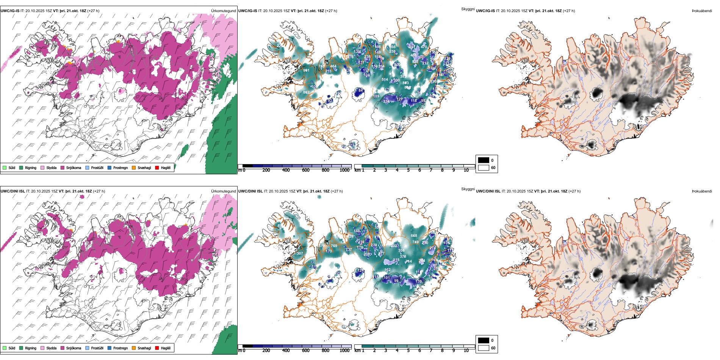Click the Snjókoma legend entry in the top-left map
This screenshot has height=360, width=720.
point(74,167)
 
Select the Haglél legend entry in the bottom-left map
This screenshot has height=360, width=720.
point(166,348)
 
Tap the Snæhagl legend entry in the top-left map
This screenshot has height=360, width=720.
point(144,167)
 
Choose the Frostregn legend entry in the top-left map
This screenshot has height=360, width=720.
point(120,167)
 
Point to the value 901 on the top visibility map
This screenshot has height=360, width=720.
point(306,70)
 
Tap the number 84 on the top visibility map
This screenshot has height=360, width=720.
point(361,91)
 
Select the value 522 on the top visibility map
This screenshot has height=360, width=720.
point(415,62)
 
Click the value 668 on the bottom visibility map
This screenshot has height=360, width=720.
point(414,236)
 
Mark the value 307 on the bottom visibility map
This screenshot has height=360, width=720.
point(300,254)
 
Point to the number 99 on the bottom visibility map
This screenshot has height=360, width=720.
point(396,281)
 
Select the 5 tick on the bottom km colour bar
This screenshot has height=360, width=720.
point(409,351)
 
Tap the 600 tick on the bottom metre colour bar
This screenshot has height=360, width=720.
point(306,351)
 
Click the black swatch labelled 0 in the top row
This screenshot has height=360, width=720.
point(484,160)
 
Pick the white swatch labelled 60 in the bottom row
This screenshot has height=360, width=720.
point(484,348)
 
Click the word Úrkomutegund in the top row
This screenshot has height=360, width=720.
point(223,11)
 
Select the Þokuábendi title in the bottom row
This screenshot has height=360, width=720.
point(702,191)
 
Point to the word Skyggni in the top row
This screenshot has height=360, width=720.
point(468,9)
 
